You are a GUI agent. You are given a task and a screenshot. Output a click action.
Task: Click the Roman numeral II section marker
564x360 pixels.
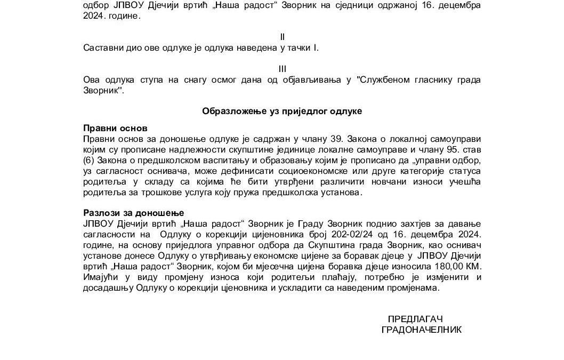[x=283, y=37]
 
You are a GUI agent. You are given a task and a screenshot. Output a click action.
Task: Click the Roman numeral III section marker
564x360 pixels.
[x=283, y=69]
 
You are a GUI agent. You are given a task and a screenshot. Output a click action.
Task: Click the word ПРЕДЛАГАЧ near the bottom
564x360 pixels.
[x=415, y=318]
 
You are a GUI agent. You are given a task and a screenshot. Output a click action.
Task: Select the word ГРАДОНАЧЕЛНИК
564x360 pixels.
[x=422, y=330]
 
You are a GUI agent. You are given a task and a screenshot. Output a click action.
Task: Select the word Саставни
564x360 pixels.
[x=101, y=48]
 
